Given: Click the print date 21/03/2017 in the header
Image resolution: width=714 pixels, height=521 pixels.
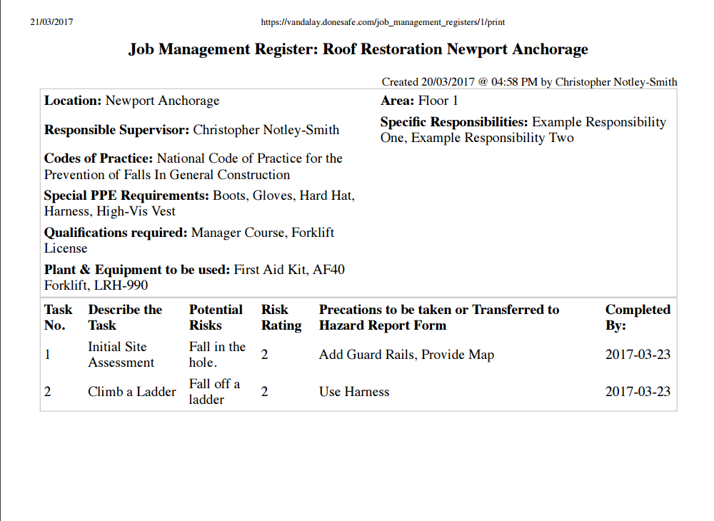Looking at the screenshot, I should (51, 22).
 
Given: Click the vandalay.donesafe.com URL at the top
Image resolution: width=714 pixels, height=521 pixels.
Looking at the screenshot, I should (383, 22).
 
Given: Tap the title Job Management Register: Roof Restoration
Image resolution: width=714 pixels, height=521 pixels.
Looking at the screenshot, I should (358, 49).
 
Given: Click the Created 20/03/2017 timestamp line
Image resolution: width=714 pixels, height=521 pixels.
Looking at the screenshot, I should (529, 82).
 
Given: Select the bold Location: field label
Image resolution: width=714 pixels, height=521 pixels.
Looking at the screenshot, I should (73, 101).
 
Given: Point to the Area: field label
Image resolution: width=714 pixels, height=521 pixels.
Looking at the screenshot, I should (397, 101).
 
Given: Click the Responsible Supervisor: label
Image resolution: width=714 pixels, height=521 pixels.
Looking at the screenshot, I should (116, 131).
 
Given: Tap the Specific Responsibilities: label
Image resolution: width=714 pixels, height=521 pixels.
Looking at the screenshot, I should (454, 123).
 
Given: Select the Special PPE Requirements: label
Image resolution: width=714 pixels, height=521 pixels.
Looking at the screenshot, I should (126, 196).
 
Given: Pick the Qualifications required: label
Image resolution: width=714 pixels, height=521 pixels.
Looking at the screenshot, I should (116, 233).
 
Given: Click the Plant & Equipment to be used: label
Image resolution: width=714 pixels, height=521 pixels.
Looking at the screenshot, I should (137, 270).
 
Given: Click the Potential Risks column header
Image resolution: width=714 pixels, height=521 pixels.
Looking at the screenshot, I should (215, 318).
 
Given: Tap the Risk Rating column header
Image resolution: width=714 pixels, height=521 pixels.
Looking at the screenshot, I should (281, 318).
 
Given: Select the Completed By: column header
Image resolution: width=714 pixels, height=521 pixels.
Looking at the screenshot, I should (637, 318).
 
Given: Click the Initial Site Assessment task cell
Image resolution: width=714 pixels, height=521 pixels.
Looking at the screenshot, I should (121, 355).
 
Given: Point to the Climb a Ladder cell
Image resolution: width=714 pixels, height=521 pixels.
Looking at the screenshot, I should (131, 392).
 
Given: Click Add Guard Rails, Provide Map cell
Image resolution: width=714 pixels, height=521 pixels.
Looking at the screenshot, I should (406, 355).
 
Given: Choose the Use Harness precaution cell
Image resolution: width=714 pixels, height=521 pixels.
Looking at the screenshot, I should (354, 392).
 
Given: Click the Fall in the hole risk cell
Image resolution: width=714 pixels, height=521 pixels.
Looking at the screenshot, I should (216, 355).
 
